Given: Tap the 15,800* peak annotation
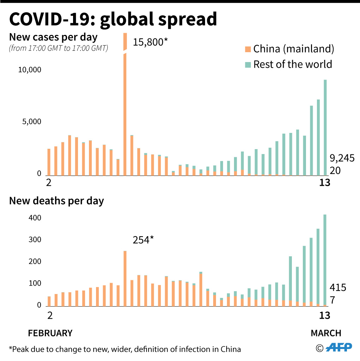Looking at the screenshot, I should (150, 43).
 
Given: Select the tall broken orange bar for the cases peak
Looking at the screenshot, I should (125, 113).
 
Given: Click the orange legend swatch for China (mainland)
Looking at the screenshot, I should (248, 49).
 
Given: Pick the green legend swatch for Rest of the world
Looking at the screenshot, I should (248, 65).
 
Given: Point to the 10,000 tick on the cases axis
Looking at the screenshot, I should (30, 70).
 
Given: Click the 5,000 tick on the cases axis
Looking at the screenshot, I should (32, 122).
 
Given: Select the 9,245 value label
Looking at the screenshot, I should (342, 158).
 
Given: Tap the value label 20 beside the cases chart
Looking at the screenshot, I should (336, 171).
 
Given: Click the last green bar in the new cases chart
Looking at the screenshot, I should (325, 127).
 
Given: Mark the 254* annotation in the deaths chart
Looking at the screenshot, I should (143, 240).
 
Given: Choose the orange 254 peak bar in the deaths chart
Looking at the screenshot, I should (125, 279).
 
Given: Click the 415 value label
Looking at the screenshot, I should (338, 288).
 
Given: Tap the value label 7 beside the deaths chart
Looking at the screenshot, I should (332, 301).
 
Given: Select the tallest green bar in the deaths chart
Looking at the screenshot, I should (325, 259).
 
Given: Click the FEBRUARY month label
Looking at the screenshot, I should (50, 333).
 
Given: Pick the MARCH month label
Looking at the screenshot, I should (326, 333).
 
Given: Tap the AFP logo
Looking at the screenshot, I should (338, 348).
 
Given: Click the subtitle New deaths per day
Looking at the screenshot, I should (56, 201).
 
